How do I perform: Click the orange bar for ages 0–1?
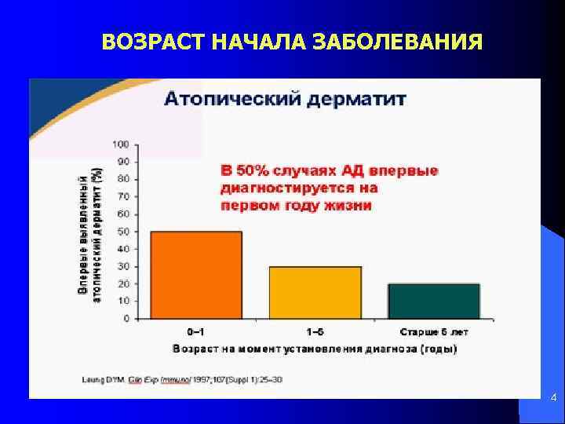[x=196, y=275]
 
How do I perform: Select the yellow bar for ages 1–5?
[x=315, y=292]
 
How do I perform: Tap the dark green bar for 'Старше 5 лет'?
[x=434, y=301]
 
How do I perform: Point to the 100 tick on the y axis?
[x=121, y=144]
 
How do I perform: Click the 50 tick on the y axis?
[x=123, y=232]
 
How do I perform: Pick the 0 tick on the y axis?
[x=126, y=319]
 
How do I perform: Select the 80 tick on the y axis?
[x=123, y=179]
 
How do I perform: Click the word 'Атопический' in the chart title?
[x=228, y=100]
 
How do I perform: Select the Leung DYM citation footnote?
[x=182, y=379]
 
